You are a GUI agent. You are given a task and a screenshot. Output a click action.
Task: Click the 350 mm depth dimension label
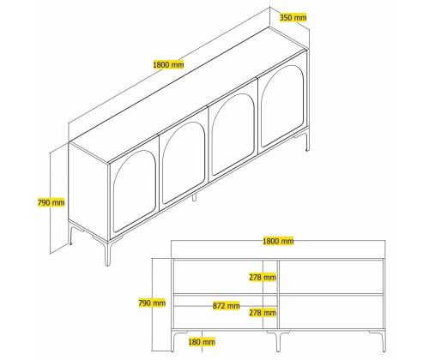point(293,18)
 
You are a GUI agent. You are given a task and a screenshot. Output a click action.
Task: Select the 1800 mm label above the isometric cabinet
point(168,64)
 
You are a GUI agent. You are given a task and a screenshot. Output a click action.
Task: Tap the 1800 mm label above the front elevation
point(278,241)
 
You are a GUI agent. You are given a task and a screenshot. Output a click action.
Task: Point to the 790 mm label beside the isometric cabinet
point(51,202)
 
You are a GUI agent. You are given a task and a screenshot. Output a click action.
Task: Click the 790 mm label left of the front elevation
point(152,303)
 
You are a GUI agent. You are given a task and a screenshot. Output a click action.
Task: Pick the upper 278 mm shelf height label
point(263,277)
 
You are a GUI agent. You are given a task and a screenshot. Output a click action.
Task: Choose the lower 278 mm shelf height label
point(263,313)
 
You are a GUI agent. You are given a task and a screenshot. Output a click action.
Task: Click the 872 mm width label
point(227,306)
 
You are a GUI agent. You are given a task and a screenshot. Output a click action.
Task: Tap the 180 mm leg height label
point(202,342)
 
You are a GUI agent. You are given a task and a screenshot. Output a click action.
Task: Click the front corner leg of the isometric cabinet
point(107,253)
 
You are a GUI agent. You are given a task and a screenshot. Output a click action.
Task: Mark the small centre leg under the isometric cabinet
point(194,197)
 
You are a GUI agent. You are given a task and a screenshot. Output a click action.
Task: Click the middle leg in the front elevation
point(278,341)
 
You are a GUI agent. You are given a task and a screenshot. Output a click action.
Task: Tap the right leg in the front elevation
point(384,341)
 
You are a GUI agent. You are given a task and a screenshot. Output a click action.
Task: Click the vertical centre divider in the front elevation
point(278,294)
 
